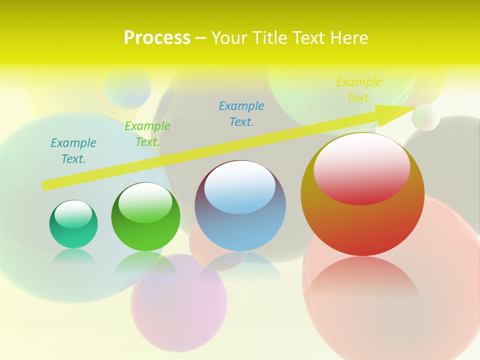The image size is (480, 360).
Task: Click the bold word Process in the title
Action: tap(157, 38)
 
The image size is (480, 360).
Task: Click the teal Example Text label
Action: tap(73, 151)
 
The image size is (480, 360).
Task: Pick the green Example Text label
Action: tap(147, 134)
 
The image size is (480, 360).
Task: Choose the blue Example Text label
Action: tap(241, 114)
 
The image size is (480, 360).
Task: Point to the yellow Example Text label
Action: tap(359, 90)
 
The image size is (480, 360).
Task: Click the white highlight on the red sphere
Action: tap(362, 169)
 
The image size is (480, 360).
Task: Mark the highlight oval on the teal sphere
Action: tap(73, 214)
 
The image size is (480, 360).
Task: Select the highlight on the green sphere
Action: tap(145, 203)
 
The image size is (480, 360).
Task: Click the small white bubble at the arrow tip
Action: tap(426, 117)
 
